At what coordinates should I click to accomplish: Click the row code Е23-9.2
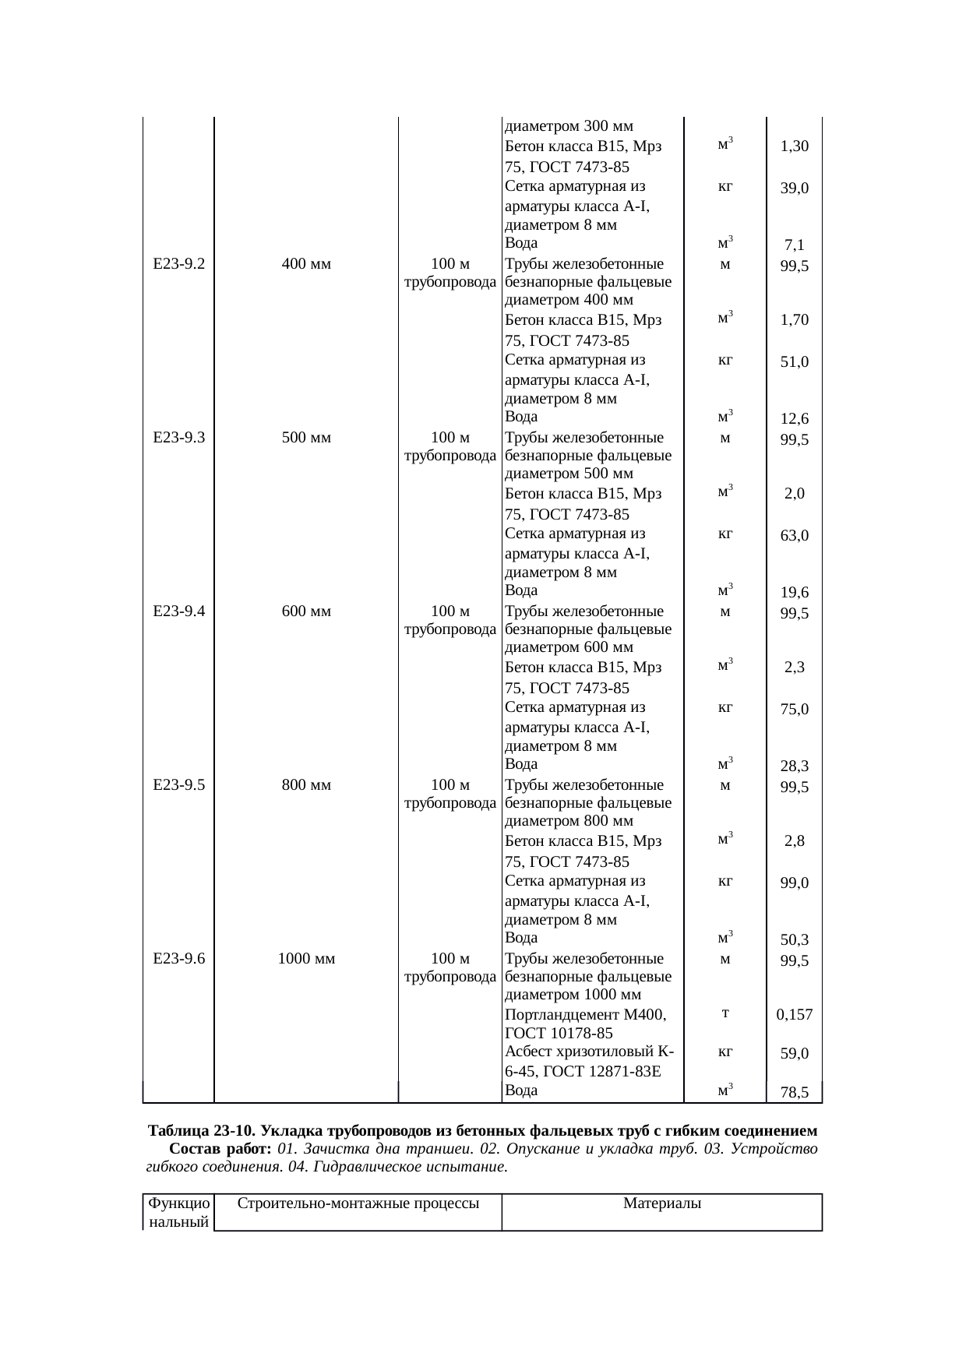pos(179,264)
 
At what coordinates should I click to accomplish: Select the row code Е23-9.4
pos(179,611)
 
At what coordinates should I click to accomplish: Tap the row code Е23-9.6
pos(179,959)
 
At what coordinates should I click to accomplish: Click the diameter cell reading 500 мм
pos(306,438)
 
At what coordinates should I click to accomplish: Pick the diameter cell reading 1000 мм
pos(306,959)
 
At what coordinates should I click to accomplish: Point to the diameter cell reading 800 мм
pos(306,785)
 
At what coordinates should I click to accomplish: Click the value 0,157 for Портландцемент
pos(795,1015)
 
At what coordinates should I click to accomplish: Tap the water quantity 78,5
pos(795,1093)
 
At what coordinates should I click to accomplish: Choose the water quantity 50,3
pos(795,941)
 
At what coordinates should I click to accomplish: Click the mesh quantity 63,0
pos(795,536)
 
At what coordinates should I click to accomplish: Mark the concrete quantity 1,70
pos(795,320)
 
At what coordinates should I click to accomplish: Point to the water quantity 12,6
pos(795,419)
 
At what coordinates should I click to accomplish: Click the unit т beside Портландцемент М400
pos(724,1013)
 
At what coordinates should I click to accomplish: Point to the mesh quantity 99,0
pos(795,883)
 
